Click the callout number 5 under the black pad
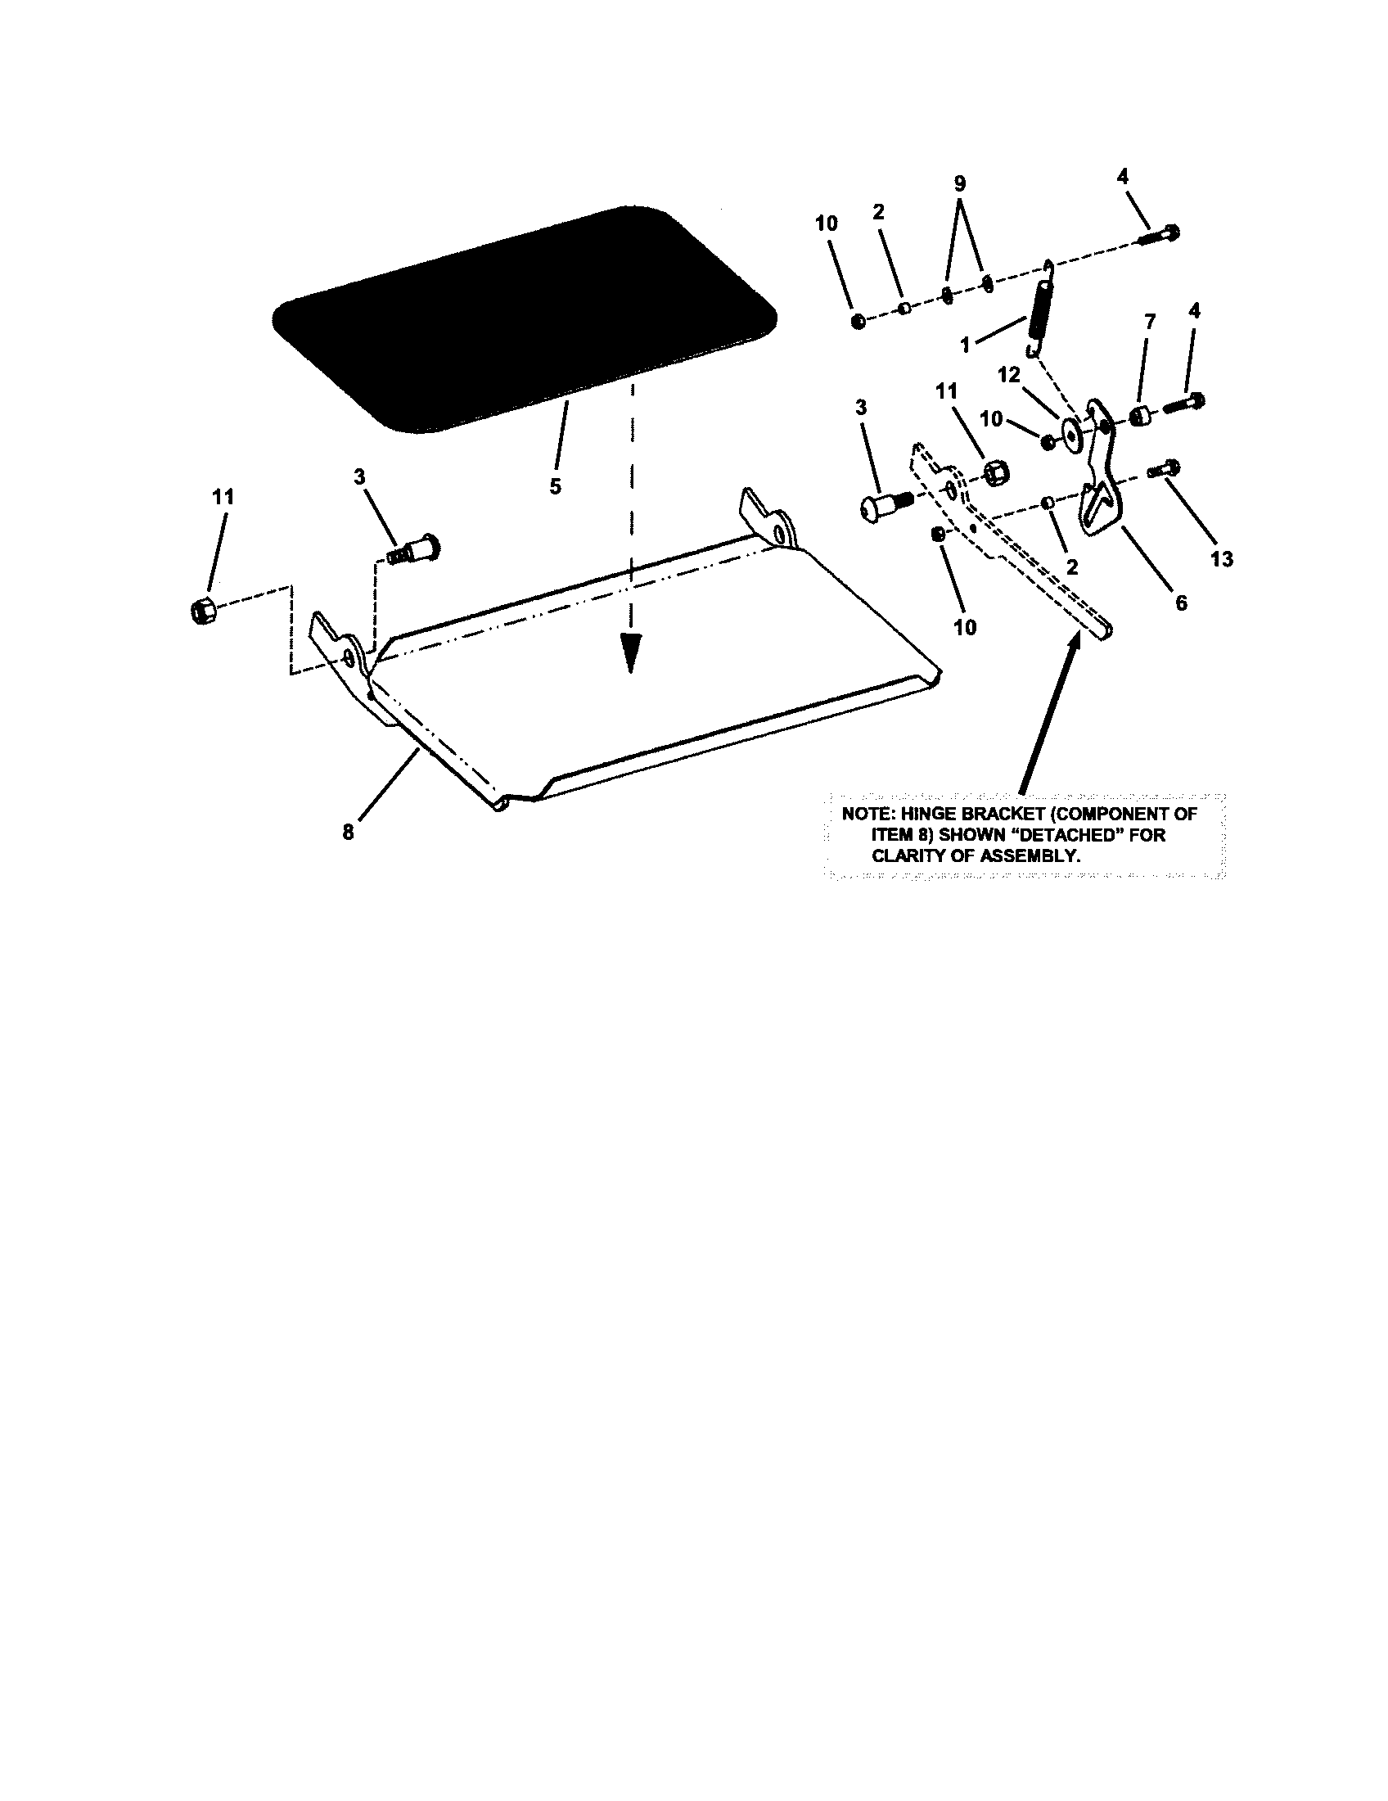[x=556, y=486]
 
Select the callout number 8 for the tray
[x=349, y=833]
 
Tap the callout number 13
[x=1222, y=559]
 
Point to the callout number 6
[x=1181, y=603]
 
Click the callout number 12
[x=1009, y=376]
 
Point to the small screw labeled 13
[x=1162, y=469]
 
